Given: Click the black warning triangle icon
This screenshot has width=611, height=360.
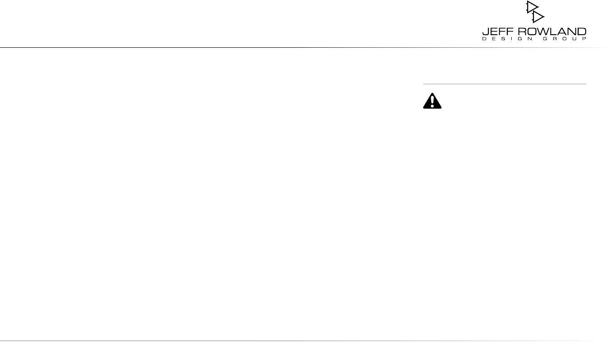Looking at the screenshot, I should tap(432, 101).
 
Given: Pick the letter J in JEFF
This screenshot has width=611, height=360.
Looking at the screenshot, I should tap(485, 32).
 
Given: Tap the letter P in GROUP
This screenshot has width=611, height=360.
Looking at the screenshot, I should tap(584, 39).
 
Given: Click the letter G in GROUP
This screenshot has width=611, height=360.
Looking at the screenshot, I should tap(543, 39).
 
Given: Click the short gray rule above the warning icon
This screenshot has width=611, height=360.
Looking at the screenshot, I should tap(504, 84).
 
